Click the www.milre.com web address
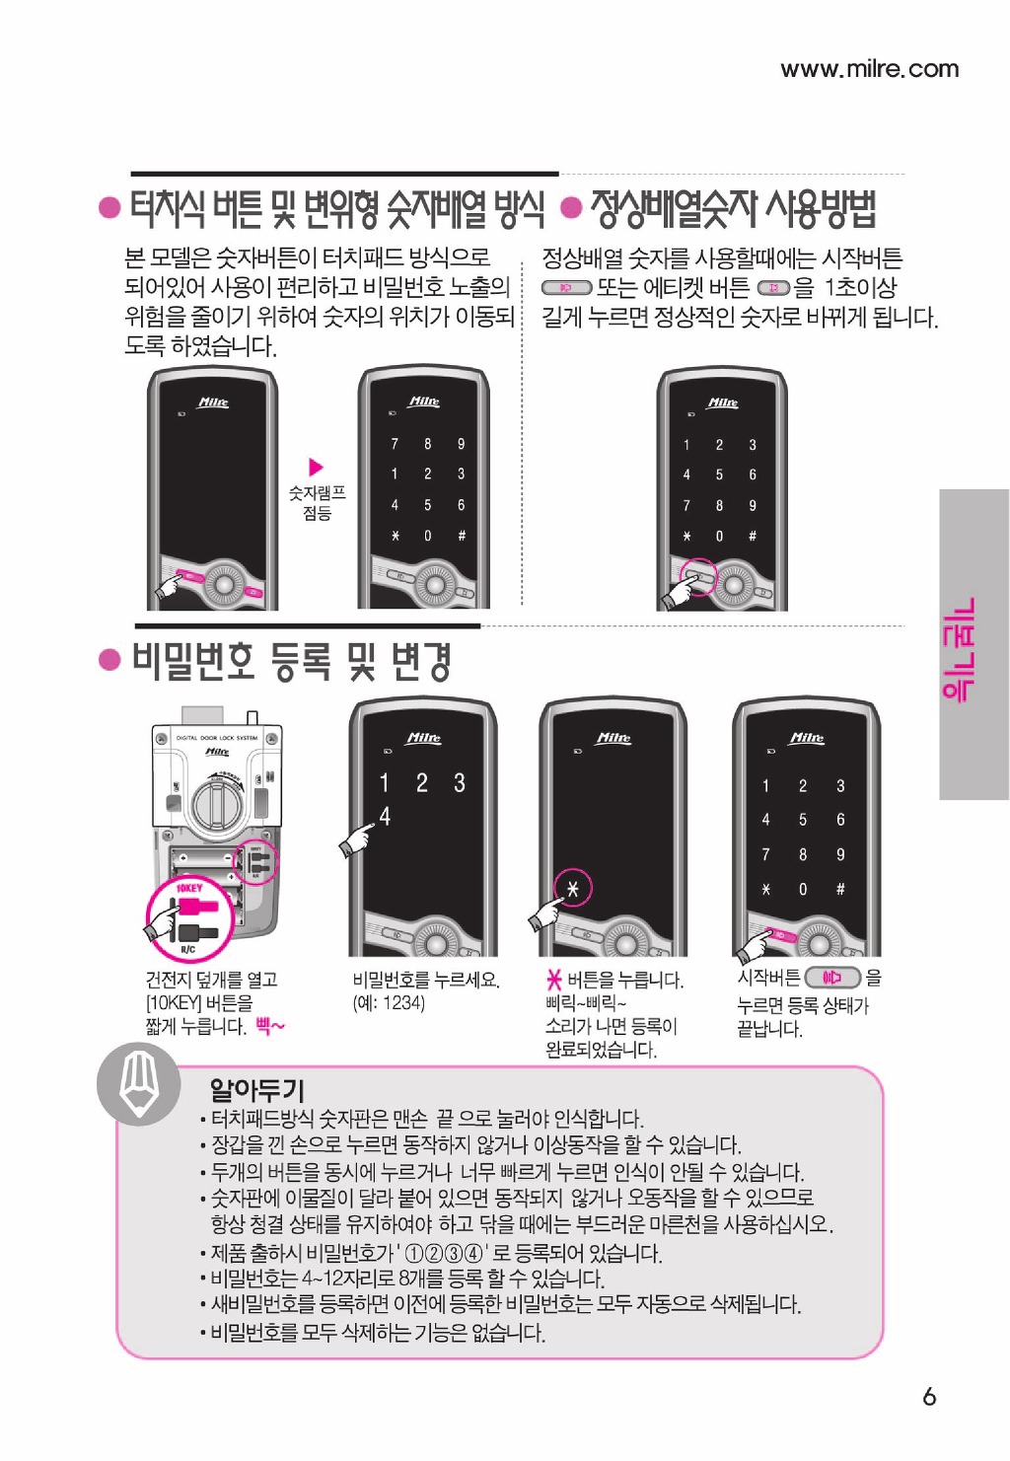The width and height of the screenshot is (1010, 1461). pos(870,68)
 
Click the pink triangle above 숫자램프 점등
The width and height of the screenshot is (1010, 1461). pos(317,467)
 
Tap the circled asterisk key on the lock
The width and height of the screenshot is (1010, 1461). pos(572,889)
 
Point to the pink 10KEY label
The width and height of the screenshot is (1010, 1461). pos(189,889)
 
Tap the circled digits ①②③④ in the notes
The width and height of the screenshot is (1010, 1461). pos(444,1254)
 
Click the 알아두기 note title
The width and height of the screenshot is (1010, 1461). pos(256,1088)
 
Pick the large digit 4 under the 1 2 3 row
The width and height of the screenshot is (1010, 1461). pos(385,816)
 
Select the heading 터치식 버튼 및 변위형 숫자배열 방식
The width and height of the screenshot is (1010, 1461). pos(336,209)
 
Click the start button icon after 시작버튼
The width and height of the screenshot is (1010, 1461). pos(833,978)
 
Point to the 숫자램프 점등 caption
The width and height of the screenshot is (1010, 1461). pos(317,503)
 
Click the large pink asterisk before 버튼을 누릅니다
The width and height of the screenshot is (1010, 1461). pos(554,980)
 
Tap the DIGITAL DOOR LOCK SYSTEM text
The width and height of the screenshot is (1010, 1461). pos(216,738)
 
